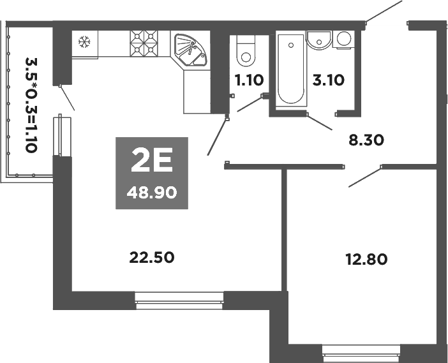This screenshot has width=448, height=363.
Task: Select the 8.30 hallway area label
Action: [366, 139]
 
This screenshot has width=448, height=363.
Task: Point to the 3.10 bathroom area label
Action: [328, 80]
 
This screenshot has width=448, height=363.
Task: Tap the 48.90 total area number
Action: [152, 191]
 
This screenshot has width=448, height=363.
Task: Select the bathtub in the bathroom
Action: [290, 69]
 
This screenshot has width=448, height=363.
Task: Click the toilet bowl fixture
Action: [245, 51]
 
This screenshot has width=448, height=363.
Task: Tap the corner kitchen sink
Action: [191, 49]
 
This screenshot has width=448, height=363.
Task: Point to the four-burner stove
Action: [144, 44]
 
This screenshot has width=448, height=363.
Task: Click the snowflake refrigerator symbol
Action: [83, 43]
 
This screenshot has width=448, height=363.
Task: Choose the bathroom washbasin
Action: [317, 39]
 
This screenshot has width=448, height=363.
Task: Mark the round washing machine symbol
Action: [345, 39]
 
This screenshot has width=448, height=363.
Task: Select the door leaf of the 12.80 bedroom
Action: [364, 177]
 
